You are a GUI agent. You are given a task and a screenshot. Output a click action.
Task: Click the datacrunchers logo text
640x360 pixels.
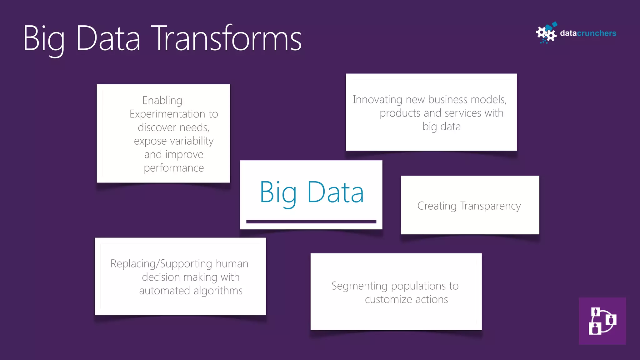[x=588, y=33]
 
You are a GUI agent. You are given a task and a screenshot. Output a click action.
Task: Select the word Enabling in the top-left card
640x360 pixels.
[x=162, y=100]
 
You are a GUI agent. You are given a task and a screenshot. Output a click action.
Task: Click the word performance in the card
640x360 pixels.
[x=174, y=168]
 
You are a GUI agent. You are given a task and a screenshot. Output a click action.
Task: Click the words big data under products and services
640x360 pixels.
[x=442, y=127]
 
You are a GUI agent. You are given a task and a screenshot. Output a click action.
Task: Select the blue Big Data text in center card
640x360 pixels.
[x=312, y=192]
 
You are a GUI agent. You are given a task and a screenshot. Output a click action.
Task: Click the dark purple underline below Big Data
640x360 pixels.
[x=311, y=222]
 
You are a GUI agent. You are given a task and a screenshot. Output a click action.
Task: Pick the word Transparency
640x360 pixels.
[x=490, y=206]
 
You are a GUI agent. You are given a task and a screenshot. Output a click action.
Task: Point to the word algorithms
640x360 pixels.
[x=218, y=291]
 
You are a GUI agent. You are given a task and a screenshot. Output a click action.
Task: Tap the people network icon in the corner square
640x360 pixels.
[x=602, y=321]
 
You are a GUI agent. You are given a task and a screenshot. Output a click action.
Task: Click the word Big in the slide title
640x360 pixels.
[x=44, y=39]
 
